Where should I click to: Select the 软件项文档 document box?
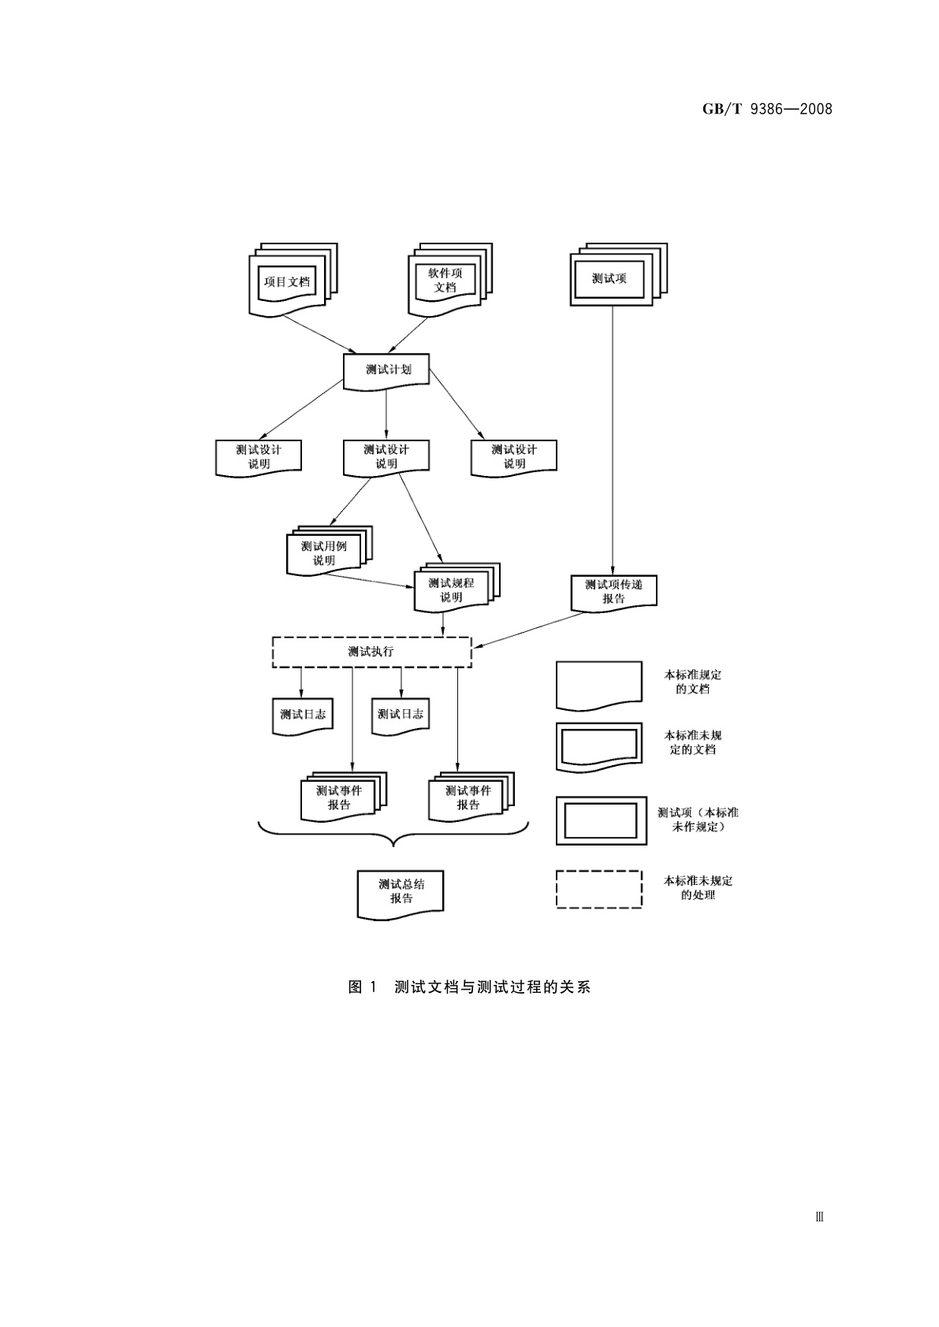click(x=445, y=281)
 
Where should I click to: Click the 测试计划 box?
click(x=387, y=369)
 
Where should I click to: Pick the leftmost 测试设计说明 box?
click(x=259, y=457)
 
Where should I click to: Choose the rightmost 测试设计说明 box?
click(x=514, y=457)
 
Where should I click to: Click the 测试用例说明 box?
click(x=324, y=553)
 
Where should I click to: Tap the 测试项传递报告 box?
click(x=613, y=592)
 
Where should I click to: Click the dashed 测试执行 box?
click(x=371, y=652)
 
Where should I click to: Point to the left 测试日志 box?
click(x=303, y=715)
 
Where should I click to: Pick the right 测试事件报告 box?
click(x=468, y=797)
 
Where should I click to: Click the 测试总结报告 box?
click(x=401, y=892)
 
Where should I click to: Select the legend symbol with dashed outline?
click(x=598, y=889)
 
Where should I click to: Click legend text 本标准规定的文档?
click(x=692, y=682)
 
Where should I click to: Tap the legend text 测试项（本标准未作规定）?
click(x=698, y=820)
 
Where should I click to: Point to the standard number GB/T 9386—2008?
click(x=766, y=109)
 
